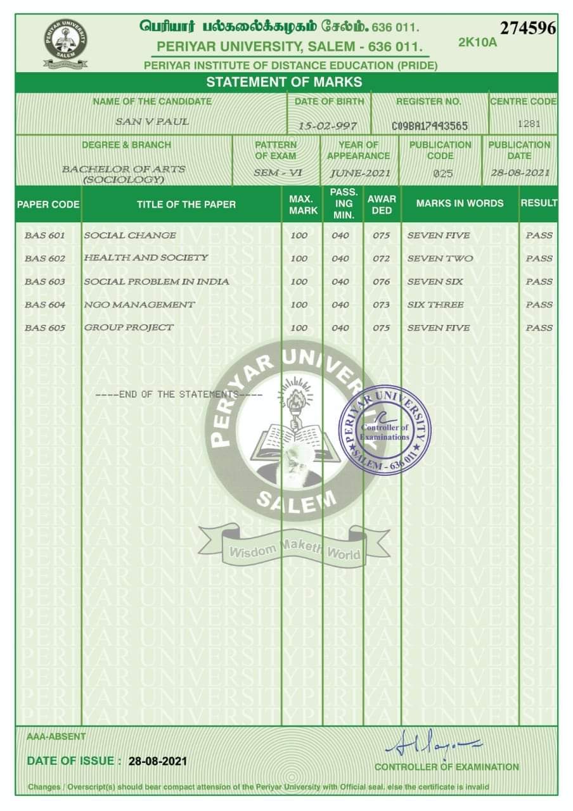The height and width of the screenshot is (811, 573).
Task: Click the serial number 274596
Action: tap(527, 29)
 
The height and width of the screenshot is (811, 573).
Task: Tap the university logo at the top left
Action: tap(65, 43)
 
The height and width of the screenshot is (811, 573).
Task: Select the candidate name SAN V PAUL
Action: tap(152, 122)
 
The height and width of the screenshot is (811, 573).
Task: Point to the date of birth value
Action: tap(328, 126)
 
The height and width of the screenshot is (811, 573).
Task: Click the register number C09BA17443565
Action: tap(430, 126)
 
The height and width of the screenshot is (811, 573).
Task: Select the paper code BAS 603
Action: tap(45, 281)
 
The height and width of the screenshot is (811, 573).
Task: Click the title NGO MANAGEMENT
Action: tap(139, 305)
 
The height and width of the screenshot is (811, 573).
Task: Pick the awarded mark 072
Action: tap(382, 259)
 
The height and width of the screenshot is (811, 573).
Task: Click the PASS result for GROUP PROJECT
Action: tap(539, 328)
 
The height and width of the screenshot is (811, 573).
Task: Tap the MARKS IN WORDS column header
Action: tap(460, 203)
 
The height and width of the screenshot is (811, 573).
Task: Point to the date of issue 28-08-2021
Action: tap(158, 761)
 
